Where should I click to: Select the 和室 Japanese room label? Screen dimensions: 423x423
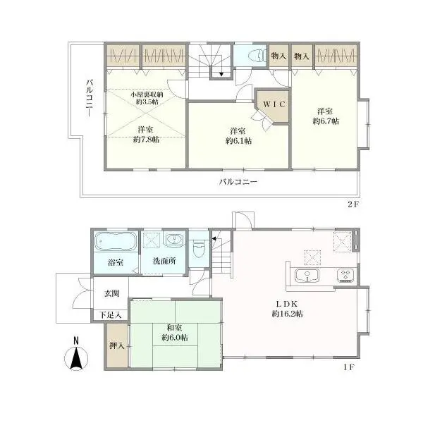click(174, 327)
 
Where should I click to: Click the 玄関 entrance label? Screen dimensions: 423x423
click(112, 293)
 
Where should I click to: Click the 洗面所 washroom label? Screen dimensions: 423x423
click(164, 262)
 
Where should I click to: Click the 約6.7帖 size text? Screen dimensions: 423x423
click(326, 121)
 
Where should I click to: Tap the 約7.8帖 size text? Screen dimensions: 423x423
click(146, 140)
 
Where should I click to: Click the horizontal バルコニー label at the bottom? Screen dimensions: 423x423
click(238, 181)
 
